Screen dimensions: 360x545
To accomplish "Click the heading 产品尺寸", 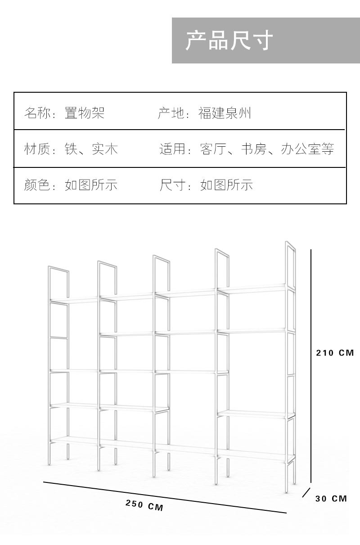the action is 229,41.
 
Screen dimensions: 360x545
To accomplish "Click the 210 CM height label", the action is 335,353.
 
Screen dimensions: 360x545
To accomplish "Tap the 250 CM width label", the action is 144,505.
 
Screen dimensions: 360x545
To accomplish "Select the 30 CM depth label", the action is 331,498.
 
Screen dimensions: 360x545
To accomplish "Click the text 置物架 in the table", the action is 85,113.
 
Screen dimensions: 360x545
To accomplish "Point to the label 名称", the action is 36,113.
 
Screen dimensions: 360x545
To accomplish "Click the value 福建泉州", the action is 225,113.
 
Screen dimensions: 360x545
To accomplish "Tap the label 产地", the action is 171,113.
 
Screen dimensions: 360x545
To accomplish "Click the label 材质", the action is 36,149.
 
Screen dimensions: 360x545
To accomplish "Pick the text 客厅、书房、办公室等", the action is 267,149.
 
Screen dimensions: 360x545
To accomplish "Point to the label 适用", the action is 173,149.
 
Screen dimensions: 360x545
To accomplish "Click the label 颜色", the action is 36,185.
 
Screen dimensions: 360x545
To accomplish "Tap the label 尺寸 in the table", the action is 173,185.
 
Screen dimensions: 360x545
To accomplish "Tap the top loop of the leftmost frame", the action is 58,270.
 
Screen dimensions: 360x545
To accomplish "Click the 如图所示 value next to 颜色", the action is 91,185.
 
